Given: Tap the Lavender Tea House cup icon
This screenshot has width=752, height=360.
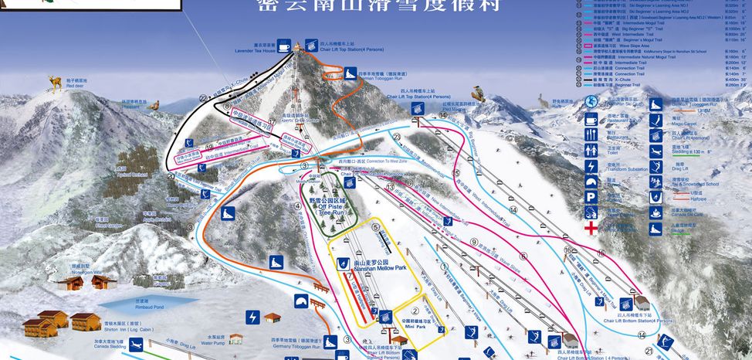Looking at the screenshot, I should click(x=284, y=48).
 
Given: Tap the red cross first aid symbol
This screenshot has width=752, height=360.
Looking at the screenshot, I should click(x=591, y=229).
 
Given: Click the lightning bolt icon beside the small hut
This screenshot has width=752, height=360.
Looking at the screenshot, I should click(x=252, y=317).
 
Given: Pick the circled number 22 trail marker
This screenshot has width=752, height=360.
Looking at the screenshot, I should click(x=204, y=99).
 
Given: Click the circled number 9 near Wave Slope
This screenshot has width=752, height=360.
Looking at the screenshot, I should click(x=475, y=242).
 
